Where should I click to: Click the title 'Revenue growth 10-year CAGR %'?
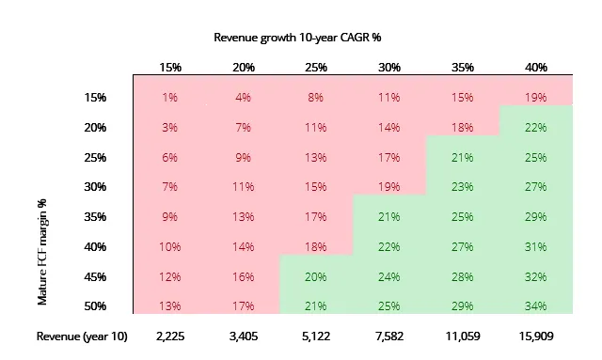coord(297,38)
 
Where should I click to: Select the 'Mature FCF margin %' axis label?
coord(41,252)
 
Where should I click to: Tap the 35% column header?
coord(462,68)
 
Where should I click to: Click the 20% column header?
coord(244,68)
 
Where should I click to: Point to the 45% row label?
coord(95,276)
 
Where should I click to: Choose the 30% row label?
coord(95,187)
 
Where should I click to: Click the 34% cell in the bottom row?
coord(535,306)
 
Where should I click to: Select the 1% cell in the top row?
coord(169,98)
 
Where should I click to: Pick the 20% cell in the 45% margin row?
coord(316,276)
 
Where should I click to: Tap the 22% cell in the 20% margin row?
coord(535,128)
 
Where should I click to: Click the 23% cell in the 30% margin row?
coord(462,187)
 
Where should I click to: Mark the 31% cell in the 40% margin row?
coord(535,247)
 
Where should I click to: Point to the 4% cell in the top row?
coord(243,98)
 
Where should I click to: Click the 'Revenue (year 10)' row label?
coord(82,337)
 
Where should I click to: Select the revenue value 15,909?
coord(536,337)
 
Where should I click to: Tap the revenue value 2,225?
coord(170,337)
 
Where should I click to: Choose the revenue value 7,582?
coord(389,337)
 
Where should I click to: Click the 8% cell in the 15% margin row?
coord(316,98)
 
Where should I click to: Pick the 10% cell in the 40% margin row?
coord(169,247)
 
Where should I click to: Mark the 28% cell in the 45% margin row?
coord(462,276)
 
